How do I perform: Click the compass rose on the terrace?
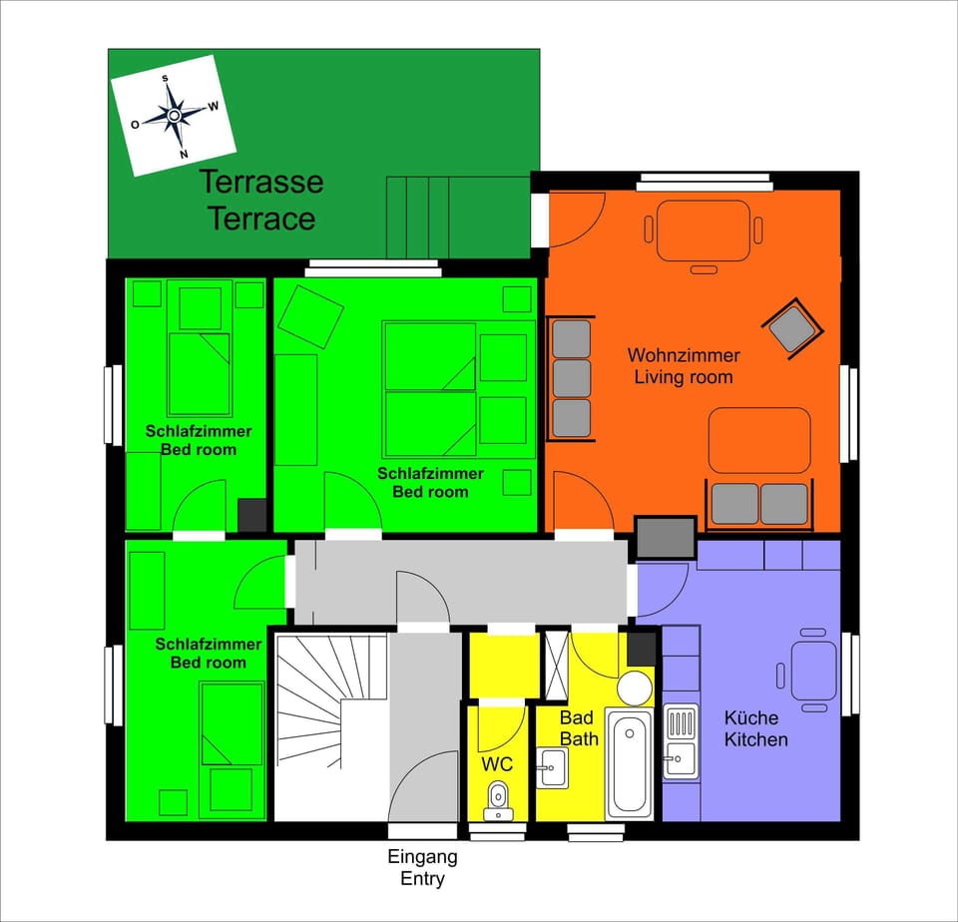coord(174,116)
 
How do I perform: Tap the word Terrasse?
coord(261,183)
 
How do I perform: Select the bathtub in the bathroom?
coord(630,762)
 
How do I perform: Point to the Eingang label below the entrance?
coord(422,856)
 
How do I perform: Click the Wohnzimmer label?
coord(684,355)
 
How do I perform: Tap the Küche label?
coord(751,717)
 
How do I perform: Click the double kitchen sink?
coord(681,740)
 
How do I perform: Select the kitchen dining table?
coord(813,671)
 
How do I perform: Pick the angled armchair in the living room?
coord(793,327)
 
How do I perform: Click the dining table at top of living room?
coord(703,230)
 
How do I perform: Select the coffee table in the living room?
coord(759,440)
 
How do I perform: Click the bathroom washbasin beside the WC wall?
coord(552,768)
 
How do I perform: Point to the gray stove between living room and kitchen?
coord(666,538)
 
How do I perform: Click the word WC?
coord(497,764)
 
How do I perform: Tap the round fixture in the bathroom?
coord(633,688)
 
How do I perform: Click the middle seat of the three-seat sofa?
coord(571,378)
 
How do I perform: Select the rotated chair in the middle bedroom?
coord(310,317)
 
